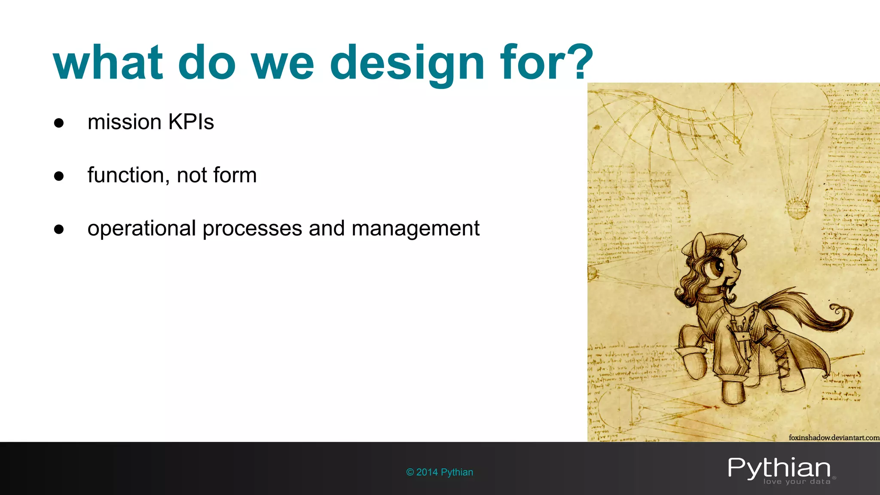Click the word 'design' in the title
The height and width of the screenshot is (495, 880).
[x=407, y=64]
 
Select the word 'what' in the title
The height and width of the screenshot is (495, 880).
[x=108, y=64]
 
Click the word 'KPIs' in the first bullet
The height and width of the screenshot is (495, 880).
[x=191, y=122]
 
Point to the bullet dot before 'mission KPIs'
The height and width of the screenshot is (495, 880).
[x=59, y=123]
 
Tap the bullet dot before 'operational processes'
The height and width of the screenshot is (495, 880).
[x=59, y=229]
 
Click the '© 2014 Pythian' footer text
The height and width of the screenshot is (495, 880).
[x=439, y=472]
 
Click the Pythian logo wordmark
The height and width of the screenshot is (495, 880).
[x=779, y=468]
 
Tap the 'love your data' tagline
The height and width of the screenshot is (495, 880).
[x=797, y=482]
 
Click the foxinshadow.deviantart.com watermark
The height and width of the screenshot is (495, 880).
[x=834, y=437]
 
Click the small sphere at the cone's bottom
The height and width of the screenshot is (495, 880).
[x=797, y=208]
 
